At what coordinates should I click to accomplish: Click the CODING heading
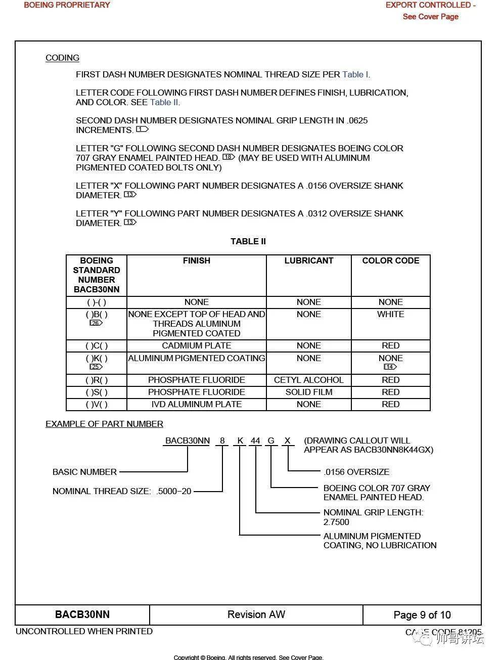62,58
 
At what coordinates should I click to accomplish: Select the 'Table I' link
355,74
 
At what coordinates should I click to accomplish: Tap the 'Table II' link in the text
164,102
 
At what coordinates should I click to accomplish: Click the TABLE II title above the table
248,241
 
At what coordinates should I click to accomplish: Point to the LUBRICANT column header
308,260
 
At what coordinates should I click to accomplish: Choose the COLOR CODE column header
390,260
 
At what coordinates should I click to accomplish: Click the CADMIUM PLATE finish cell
196,345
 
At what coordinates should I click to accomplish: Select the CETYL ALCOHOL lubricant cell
308,380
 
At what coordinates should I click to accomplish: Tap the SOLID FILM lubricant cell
308,392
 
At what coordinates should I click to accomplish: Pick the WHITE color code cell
390,314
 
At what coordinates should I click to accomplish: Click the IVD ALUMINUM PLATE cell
196,404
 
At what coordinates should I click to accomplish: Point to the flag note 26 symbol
96,323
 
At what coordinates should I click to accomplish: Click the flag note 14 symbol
390,367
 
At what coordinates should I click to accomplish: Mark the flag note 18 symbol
229,157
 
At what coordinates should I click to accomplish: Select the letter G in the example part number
271,441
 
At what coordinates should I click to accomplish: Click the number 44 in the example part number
255,441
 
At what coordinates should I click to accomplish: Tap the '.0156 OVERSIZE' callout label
356,472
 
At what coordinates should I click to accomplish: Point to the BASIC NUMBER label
84,472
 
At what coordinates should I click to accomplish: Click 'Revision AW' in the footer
256,614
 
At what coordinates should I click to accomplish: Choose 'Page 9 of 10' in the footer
422,615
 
